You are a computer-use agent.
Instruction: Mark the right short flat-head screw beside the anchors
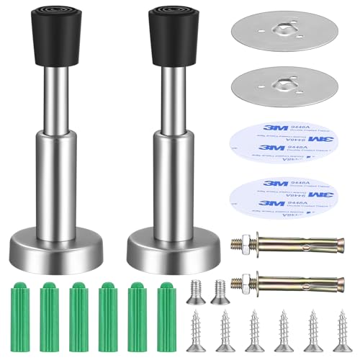(x=220, y=289)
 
